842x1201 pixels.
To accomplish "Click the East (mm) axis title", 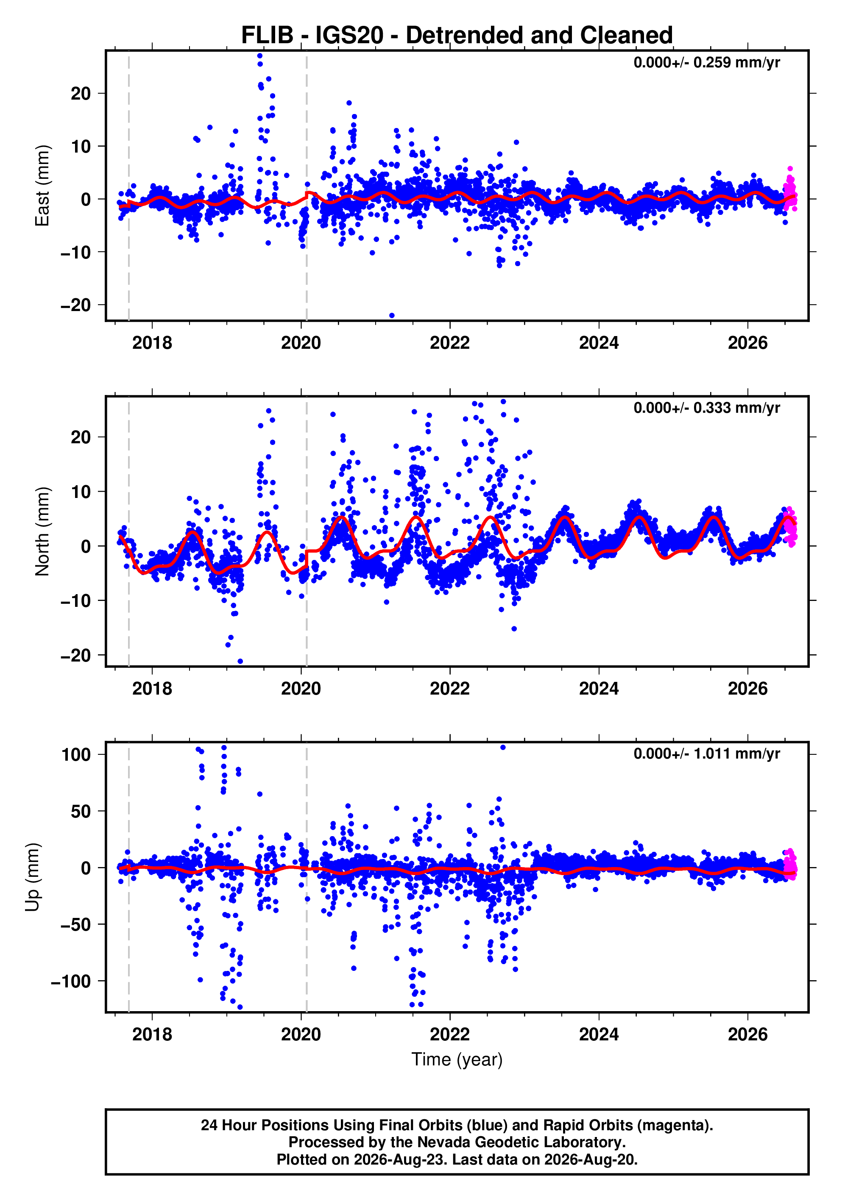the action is coord(42,186).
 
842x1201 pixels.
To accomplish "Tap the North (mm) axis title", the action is coord(42,531).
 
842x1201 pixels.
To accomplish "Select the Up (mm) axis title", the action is coord(33,877).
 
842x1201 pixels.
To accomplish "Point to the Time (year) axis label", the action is coord(457,1059).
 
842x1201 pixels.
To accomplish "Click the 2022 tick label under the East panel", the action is coord(449,343).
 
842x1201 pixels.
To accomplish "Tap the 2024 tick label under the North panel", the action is coord(599,689).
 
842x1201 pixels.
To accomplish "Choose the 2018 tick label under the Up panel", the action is coord(152,1034).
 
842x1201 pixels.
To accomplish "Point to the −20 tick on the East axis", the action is coord(76,305).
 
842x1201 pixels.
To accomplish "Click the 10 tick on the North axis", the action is coord(81,492).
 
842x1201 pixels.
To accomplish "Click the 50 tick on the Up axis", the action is coord(81,811).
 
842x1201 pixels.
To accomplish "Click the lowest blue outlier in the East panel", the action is coord(392,315).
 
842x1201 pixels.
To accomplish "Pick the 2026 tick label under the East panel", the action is coord(747,343).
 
